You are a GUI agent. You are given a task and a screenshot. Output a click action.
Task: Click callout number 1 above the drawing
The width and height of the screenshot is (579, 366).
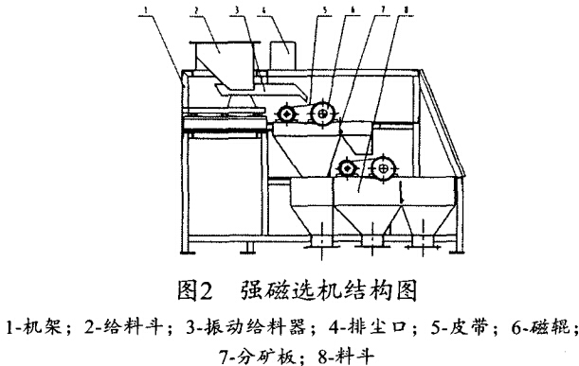139,9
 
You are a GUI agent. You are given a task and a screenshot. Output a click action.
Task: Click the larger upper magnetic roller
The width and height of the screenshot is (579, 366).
322,114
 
